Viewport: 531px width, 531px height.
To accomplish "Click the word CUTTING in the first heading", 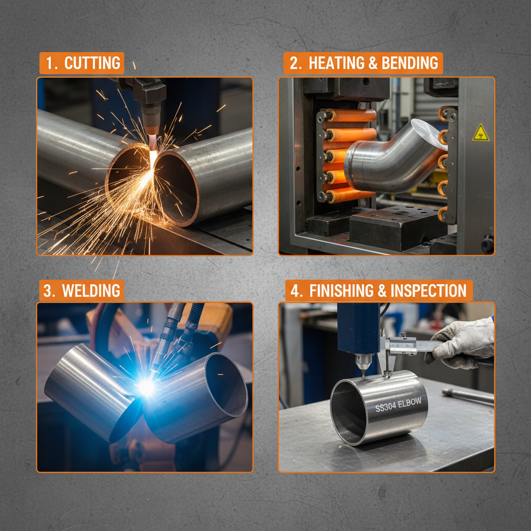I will coord(92,63).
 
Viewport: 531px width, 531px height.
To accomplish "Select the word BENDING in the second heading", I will coord(410,63).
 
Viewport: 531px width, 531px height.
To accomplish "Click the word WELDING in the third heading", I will coord(91,290).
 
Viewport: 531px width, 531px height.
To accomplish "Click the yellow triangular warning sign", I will coord(480,133).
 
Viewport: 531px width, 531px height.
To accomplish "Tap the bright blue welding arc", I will coord(146,387).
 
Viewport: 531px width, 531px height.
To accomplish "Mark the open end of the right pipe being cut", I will coord(176,187).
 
